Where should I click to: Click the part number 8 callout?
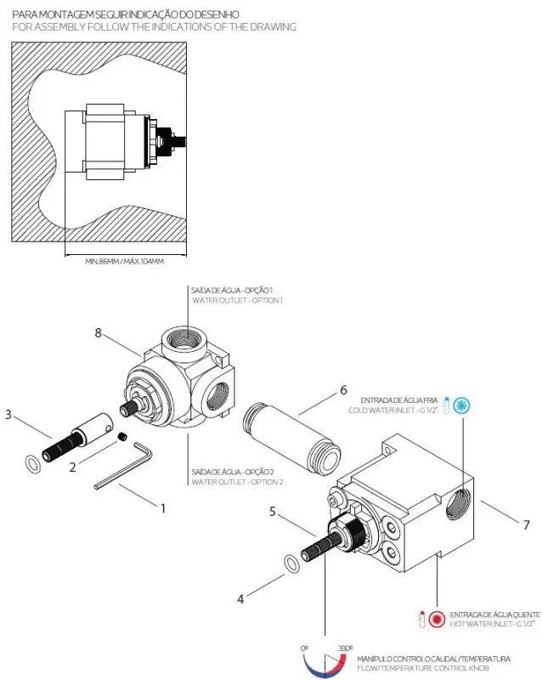tap(98, 334)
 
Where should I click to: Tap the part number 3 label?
tap(8, 415)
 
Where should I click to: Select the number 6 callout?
tap(343, 390)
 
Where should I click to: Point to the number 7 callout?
tap(526, 524)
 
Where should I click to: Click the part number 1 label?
tap(162, 508)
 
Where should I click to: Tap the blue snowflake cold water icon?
tap(462, 405)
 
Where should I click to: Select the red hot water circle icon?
tap(437, 619)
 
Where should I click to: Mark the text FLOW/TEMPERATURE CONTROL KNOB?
tap(433, 668)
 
